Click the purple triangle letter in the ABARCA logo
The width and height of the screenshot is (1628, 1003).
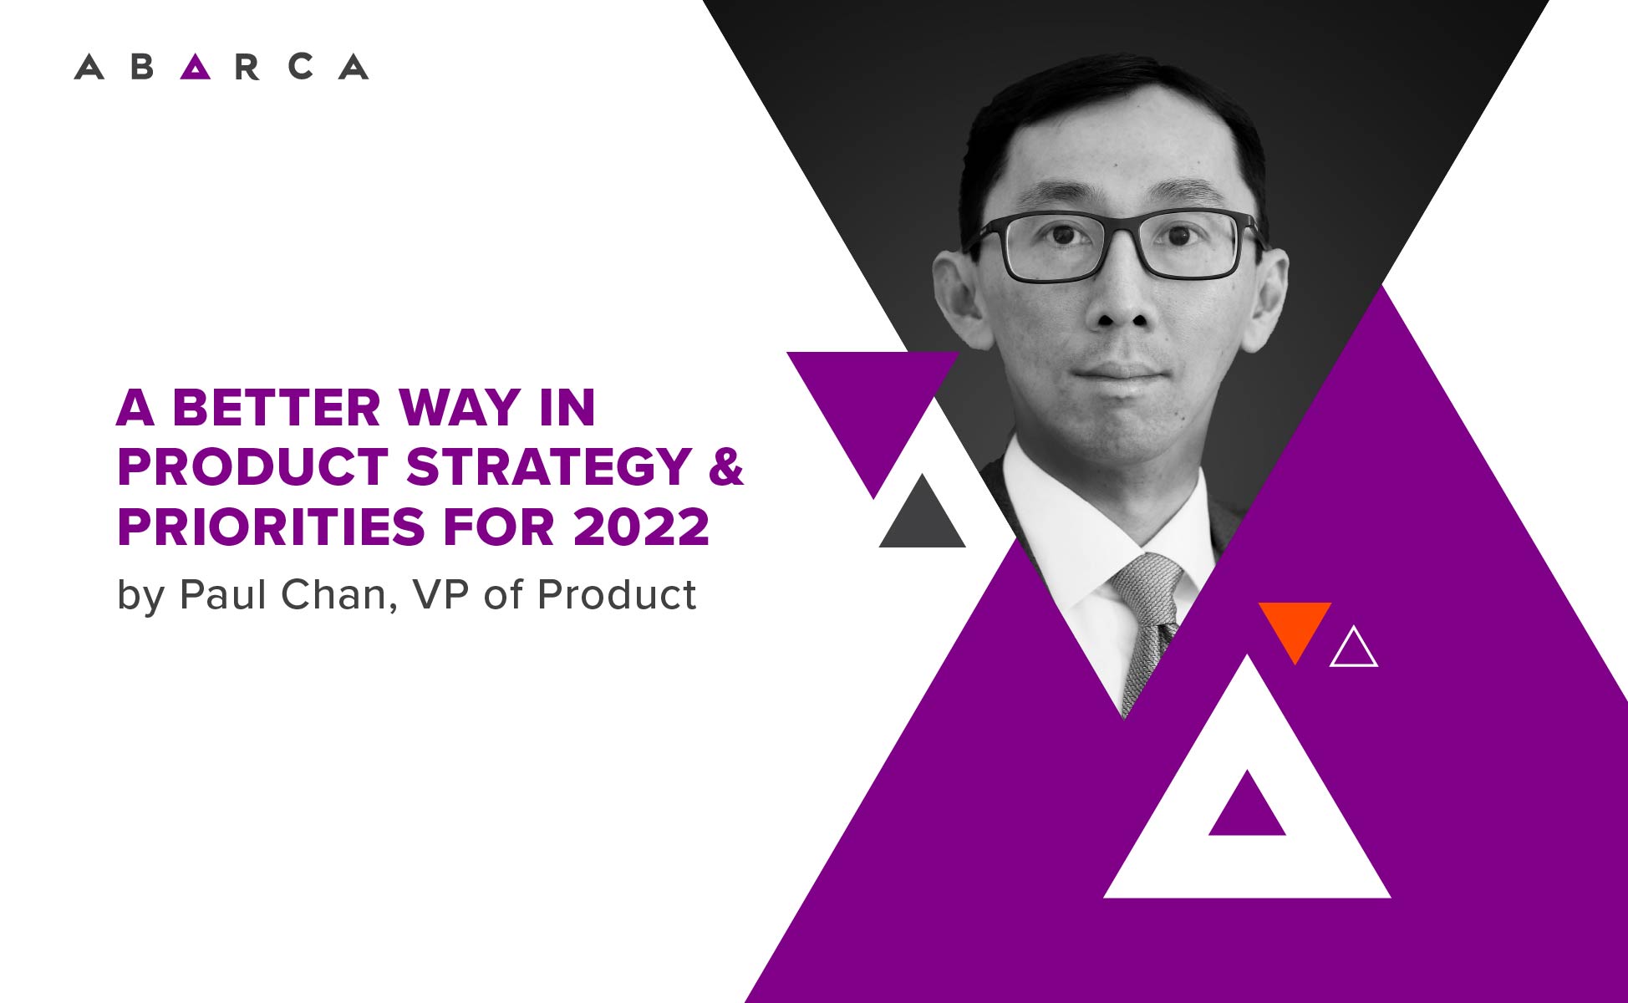196,67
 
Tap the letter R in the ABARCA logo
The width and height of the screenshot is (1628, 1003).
247,67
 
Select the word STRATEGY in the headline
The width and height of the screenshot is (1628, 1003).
548,467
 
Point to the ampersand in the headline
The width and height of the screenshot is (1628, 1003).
725,467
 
